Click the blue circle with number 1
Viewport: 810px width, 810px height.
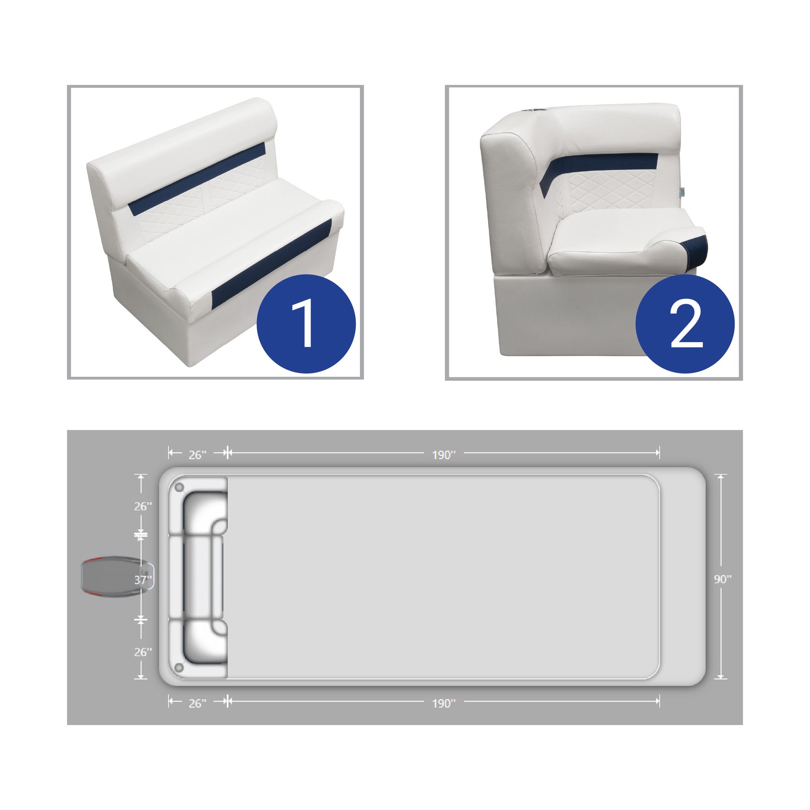click(x=306, y=324)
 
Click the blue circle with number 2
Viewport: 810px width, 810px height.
click(x=685, y=324)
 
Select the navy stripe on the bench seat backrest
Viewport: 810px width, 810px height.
click(x=197, y=177)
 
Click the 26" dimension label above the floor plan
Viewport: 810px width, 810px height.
click(x=197, y=455)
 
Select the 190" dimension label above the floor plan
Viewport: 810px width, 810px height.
click(x=444, y=455)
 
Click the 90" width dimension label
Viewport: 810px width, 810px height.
click(x=723, y=579)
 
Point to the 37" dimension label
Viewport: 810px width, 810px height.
click(x=143, y=580)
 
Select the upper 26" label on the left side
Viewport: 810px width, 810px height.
click(x=143, y=507)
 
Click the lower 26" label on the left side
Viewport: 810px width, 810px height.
click(x=143, y=652)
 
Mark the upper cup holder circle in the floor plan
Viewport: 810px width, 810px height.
click(x=179, y=488)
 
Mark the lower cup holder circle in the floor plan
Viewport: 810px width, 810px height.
click(x=179, y=667)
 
